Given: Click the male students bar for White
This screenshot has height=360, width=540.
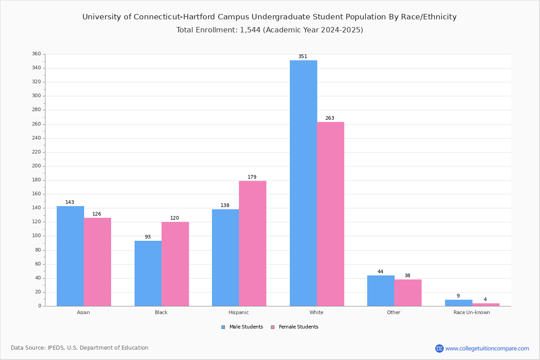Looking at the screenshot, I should (x=303, y=183).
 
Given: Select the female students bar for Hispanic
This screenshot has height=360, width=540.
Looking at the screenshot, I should (x=252, y=243).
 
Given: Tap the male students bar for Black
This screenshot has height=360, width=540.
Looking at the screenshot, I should (x=148, y=273).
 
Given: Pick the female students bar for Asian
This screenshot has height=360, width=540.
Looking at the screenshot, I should (x=97, y=262).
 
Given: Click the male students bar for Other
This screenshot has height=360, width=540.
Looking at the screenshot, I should (x=381, y=291).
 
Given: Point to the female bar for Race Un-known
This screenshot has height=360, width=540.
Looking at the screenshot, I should (x=486, y=305).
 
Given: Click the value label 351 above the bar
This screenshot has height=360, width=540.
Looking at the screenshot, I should (x=303, y=57).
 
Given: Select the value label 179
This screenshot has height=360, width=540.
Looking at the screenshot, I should (x=252, y=177).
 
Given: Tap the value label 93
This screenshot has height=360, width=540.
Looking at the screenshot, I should (x=148, y=237).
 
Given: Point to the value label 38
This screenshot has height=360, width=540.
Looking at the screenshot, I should (x=407, y=276).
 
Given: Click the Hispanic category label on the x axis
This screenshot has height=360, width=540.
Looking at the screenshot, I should (x=238, y=312).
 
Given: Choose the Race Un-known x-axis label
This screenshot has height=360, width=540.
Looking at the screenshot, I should (x=472, y=312).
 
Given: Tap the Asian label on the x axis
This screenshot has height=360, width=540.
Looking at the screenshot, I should (x=83, y=312).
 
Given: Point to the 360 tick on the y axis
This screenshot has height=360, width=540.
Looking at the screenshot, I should (x=36, y=54).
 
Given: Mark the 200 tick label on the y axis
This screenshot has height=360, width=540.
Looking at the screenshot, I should (x=36, y=166).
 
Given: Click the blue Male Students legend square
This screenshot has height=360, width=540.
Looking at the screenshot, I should (x=223, y=327).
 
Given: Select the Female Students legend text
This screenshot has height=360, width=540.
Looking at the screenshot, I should (x=298, y=327).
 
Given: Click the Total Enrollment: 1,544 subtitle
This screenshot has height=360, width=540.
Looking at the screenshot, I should (x=270, y=30).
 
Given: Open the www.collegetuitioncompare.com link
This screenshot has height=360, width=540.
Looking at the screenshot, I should (x=487, y=348).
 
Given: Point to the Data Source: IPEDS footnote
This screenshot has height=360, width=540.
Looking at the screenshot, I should (x=80, y=348).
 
